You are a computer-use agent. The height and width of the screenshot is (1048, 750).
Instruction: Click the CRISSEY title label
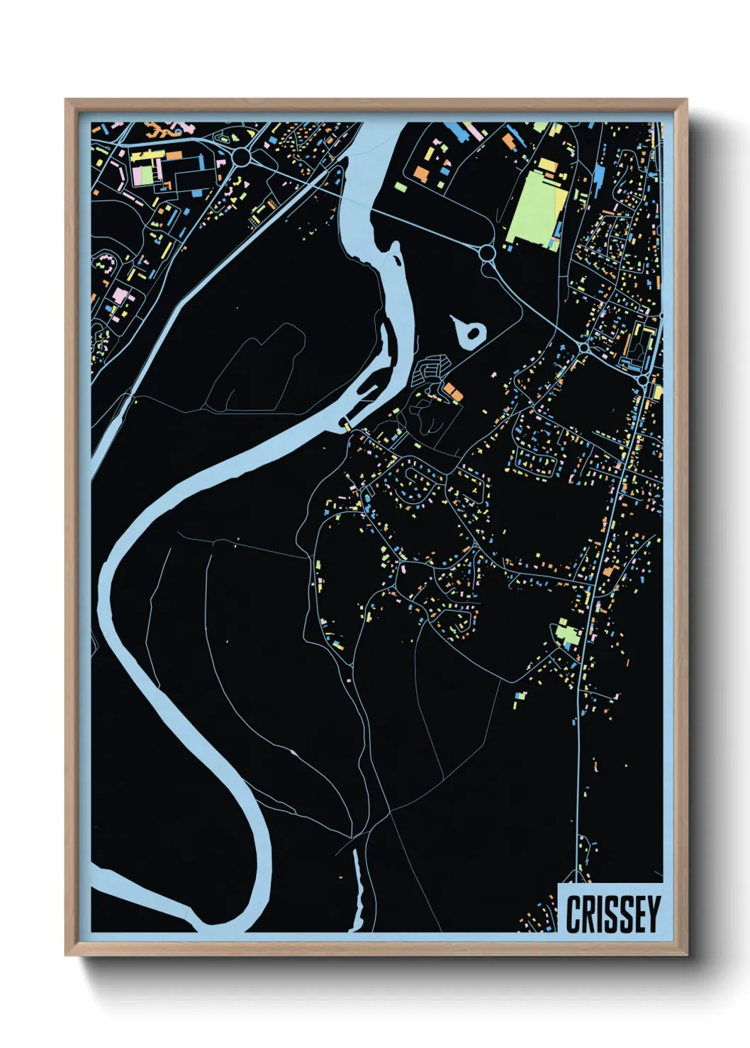click(612, 913)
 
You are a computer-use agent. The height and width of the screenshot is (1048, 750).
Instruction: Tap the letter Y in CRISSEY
click(652, 914)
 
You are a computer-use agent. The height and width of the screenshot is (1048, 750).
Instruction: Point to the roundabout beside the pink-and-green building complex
click(241, 156)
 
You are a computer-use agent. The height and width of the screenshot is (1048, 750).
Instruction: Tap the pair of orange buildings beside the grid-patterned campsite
click(452, 390)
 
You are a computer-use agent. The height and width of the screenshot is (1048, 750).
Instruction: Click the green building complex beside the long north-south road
click(567, 632)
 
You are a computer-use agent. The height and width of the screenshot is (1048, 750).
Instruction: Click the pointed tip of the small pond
click(454, 319)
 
